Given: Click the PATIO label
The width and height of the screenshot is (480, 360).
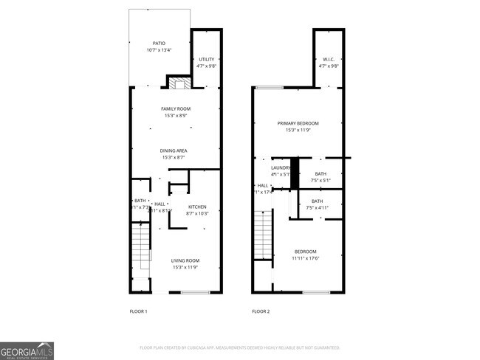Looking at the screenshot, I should pos(160,44).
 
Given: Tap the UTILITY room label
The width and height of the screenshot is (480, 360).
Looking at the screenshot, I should pos(206,60).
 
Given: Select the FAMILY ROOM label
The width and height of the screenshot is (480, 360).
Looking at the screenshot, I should pos(176,109).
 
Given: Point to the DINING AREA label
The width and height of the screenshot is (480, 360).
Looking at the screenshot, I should pos(176,151).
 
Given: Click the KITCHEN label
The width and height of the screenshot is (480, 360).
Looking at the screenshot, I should pos(197,207).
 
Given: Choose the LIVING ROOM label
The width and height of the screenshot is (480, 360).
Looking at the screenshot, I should pos(186,260).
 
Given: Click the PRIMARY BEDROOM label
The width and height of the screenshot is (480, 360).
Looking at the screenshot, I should pos(298,123).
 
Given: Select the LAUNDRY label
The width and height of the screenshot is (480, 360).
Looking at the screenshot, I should pos(281,168).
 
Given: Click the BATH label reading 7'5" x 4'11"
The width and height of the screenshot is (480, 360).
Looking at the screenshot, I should pos(317,201).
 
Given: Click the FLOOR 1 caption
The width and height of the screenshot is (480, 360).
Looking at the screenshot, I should pos(139,312).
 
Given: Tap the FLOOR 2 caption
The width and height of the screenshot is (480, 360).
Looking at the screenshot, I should pos(261,312).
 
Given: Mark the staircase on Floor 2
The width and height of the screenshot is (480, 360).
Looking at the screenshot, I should pos(263,235).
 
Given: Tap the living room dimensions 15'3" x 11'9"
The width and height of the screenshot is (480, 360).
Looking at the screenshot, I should pos(186,267).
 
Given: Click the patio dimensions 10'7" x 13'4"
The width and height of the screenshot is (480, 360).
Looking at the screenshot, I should pos(160,51).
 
